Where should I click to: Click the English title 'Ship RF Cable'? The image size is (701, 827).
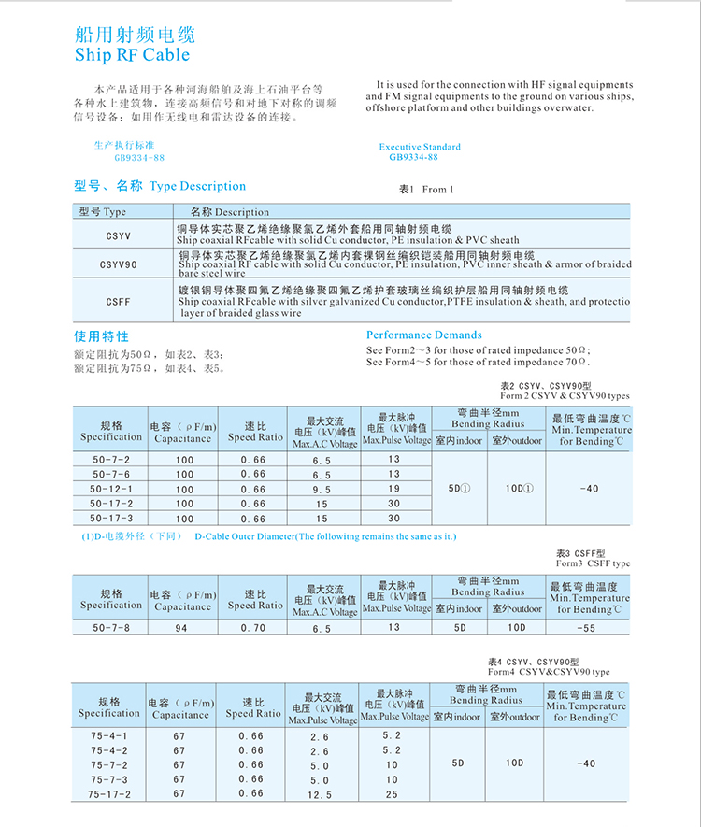[131, 56]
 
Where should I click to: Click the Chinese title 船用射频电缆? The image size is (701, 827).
[135, 36]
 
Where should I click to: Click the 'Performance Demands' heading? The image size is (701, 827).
[424, 335]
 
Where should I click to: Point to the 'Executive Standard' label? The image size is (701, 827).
[420, 147]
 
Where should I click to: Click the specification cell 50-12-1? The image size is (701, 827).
[111, 489]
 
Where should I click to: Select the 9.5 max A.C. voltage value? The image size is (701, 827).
[322, 489]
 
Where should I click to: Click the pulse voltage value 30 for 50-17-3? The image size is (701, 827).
[394, 518]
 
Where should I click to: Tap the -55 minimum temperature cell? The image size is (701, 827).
[587, 628]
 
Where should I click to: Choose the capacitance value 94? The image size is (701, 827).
[184, 629]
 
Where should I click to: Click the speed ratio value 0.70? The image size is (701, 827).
[253, 628]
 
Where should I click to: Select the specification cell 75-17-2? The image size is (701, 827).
[109, 794]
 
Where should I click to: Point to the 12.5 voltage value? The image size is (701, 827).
[320, 794]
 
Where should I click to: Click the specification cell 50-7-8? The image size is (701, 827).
[111, 628]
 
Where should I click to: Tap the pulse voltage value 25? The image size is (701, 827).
[392, 794]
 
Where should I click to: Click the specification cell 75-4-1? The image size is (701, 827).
[109, 735]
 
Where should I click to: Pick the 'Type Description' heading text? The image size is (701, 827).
[198, 186]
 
